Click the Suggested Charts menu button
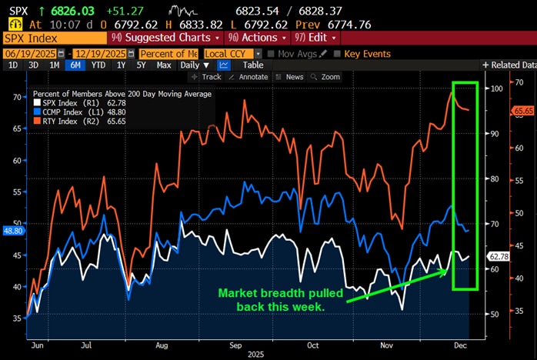click(x=164, y=38)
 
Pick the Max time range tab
click(x=164, y=65)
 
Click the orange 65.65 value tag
click(x=523, y=111)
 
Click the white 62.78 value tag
click(x=500, y=255)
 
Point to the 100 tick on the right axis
click(x=497, y=88)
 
